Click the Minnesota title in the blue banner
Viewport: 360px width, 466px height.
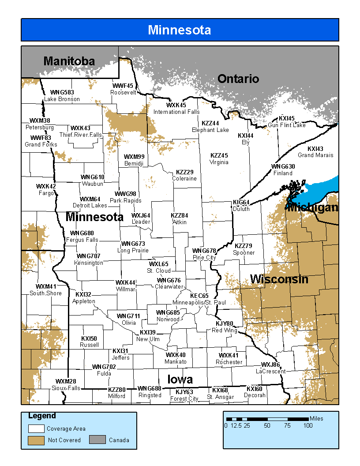[x=180, y=30]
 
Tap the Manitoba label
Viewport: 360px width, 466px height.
[x=69, y=61]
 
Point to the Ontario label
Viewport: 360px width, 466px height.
[x=238, y=79]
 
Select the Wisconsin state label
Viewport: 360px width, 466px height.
[x=279, y=279]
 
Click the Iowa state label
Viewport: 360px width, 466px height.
[x=180, y=380]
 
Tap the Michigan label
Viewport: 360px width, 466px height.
[x=312, y=208]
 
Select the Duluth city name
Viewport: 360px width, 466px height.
[x=241, y=209]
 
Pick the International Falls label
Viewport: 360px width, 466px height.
[x=176, y=112]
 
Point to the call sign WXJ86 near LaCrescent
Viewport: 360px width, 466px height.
[x=270, y=365]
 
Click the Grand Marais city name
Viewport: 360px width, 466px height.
[x=315, y=155]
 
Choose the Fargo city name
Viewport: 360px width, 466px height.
[x=46, y=193]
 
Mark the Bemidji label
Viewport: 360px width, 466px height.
[x=134, y=163]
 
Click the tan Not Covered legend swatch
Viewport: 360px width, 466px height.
[x=36, y=440]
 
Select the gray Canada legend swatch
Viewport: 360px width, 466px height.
[x=97, y=440]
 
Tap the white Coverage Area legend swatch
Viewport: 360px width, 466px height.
[x=36, y=428]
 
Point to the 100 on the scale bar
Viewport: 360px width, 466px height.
[x=308, y=425]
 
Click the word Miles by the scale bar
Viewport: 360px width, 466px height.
[x=317, y=418]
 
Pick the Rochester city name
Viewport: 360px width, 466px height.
[x=229, y=362]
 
